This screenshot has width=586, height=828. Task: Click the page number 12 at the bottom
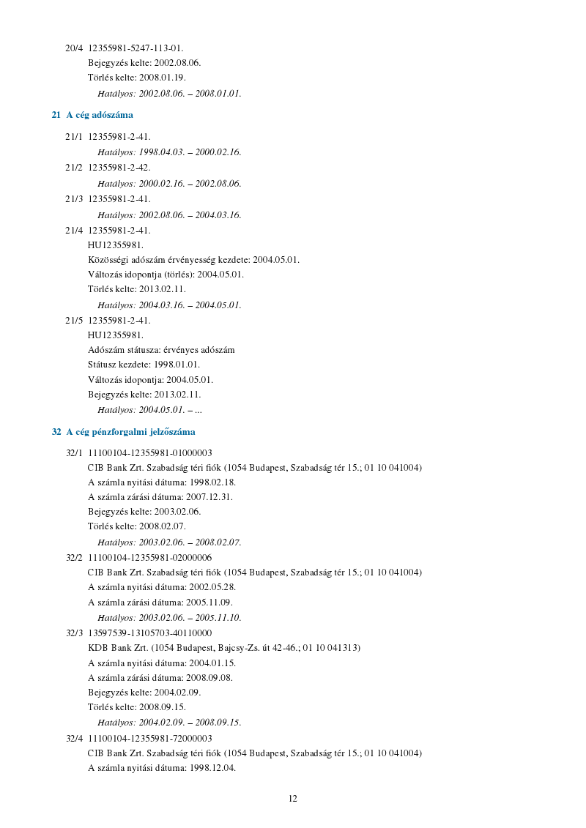[292, 799]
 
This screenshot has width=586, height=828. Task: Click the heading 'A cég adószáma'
[100, 115]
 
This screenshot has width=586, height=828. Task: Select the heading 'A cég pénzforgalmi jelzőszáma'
[130, 432]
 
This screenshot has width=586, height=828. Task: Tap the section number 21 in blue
[56, 115]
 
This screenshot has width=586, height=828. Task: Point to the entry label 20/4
[74, 48]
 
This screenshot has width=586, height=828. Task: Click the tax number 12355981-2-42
[119, 168]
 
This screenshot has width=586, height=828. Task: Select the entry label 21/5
[74, 320]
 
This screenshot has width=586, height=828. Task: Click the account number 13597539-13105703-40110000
[149, 633]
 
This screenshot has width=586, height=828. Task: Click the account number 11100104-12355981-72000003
[149, 738]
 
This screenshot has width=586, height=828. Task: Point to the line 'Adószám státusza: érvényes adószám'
[161, 350]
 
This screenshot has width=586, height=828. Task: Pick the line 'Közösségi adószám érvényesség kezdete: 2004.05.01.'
[193, 260]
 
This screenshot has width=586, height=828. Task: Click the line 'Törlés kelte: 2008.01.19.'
[137, 78]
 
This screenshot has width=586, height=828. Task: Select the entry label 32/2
[74, 558]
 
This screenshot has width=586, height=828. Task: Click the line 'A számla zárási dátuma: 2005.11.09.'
[160, 603]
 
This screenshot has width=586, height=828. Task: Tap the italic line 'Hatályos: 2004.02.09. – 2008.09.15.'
[169, 723]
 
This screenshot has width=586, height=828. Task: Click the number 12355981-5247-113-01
[136, 48]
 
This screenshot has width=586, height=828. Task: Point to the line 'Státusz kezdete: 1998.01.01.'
[144, 365]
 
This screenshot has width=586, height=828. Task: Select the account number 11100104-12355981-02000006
[149, 558]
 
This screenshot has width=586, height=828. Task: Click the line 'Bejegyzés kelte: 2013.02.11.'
[144, 395]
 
